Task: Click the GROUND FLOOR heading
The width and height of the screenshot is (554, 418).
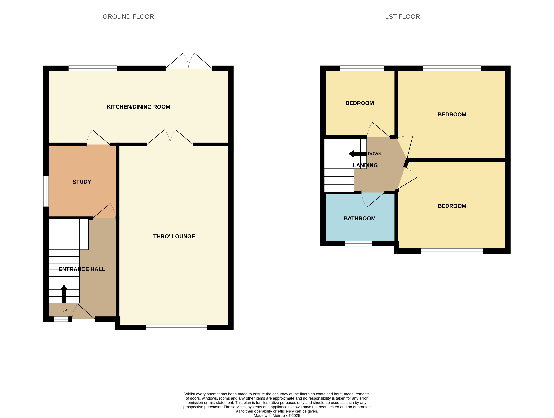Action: pyautogui.click(x=128, y=17)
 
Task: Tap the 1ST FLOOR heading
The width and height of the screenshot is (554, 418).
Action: pyautogui.click(x=402, y=17)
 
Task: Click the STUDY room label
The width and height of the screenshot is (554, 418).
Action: pyautogui.click(x=82, y=182)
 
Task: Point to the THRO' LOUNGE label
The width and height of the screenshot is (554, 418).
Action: pyautogui.click(x=174, y=236)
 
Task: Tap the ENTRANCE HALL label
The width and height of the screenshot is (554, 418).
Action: pyautogui.click(x=82, y=269)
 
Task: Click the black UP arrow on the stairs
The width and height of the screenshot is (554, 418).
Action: pyautogui.click(x=64, y=294)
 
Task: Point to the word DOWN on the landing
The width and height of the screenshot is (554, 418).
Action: pyautogui.click(x=374, y=154)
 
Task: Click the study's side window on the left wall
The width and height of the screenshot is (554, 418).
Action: pyautogui.click(x=46, y=191)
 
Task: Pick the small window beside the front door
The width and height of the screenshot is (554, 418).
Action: pyautogui.click(x=61, y=319)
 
